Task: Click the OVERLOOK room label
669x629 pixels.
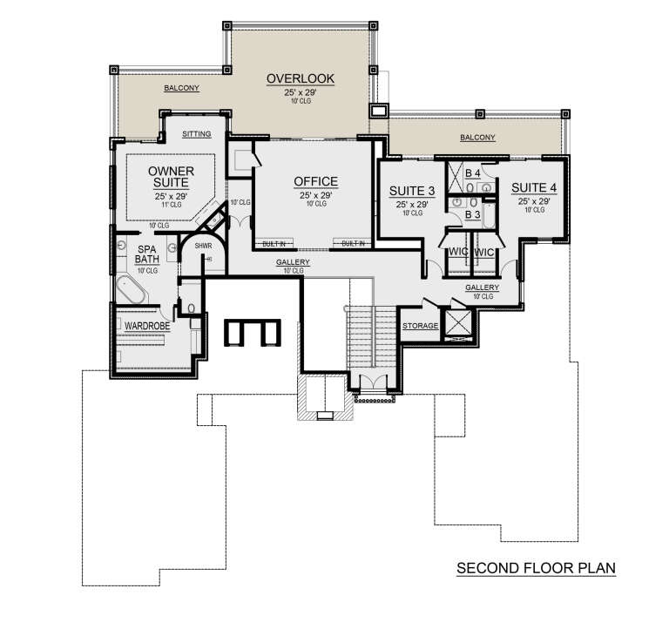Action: point(300,79)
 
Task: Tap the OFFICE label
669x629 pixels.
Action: point(314,181)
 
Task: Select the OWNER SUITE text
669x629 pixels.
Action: point(171,177)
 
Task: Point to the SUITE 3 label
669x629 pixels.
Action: point(409,192)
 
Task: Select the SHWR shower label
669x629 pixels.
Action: point(204,247)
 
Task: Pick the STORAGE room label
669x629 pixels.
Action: point(421,326)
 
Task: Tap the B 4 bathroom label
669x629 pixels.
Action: point(473,173)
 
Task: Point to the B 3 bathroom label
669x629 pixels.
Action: point(473,213)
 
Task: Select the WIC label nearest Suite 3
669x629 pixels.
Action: point(459,252)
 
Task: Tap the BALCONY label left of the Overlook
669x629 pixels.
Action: point(182,88)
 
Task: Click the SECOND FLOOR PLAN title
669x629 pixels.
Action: point(536,569)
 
